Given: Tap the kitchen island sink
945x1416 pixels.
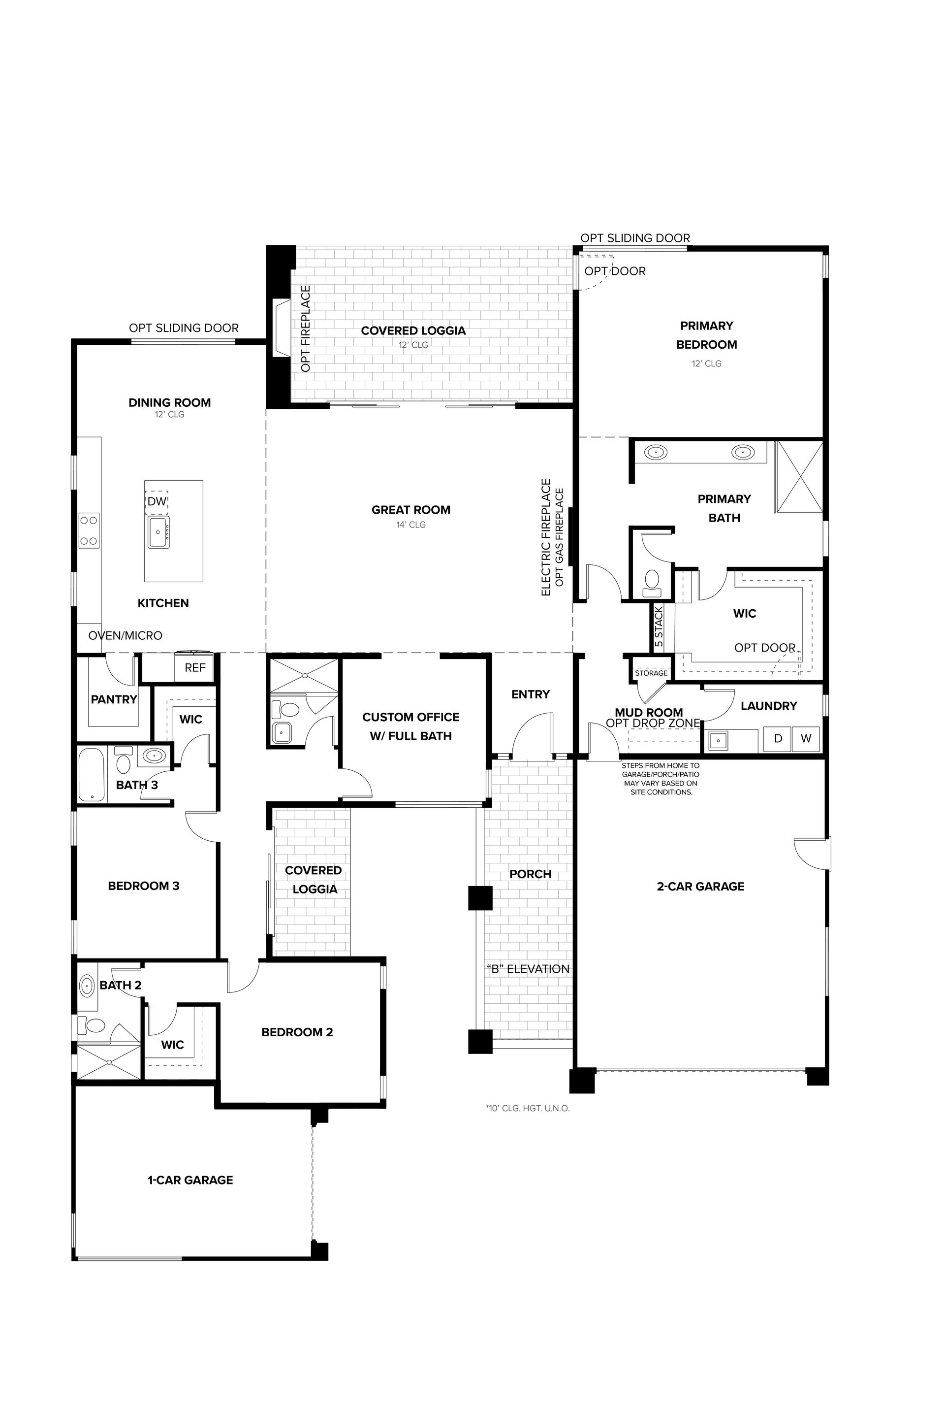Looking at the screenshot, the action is pos(158,532).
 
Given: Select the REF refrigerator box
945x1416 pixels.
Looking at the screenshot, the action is pos(195,667).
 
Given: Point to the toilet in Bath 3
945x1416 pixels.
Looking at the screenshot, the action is pos(124,761).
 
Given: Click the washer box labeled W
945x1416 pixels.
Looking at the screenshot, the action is pos(806,739).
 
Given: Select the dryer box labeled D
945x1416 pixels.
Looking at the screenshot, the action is pos(778,739).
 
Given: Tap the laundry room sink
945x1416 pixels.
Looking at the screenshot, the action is pos(719,740).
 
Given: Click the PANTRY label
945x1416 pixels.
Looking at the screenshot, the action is pos(114,699).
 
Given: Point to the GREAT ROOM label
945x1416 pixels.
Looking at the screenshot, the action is pos(411,510).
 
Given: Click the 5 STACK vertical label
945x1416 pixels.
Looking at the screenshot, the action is pos(659,627).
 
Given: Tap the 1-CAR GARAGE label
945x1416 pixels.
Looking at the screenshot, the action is pos(190,1180).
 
